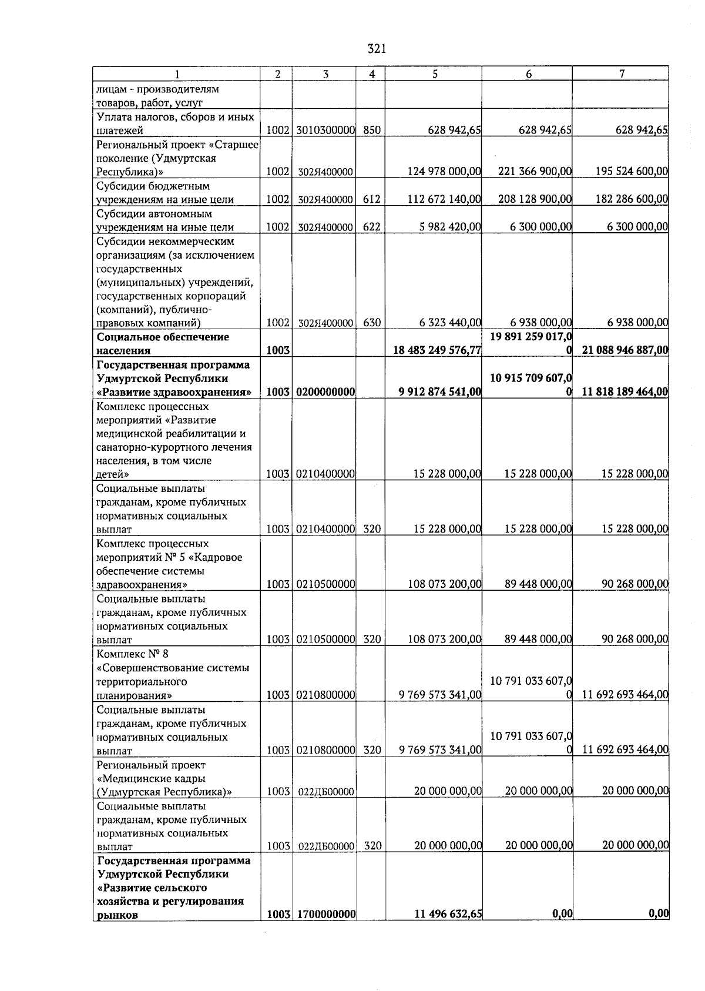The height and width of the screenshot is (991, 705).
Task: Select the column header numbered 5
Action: [434, 74]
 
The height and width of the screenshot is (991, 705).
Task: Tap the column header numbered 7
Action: [621, 73]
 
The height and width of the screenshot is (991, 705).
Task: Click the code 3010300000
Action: [324, 130]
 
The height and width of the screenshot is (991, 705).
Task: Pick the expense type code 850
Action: [371, 130]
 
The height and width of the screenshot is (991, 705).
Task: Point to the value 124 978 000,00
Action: [444, 172]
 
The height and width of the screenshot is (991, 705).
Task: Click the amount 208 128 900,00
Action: [535, 199]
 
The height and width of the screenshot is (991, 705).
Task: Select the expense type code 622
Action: [371, 227]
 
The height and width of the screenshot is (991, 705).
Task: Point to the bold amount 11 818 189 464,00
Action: [625, 392]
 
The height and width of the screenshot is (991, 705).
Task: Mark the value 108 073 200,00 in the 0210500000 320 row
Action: [445, 640]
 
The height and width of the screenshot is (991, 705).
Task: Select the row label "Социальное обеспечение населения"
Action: [163, 344]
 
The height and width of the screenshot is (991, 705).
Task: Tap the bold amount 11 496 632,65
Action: [448, 914]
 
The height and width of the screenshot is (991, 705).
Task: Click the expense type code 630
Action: [371, 323]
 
